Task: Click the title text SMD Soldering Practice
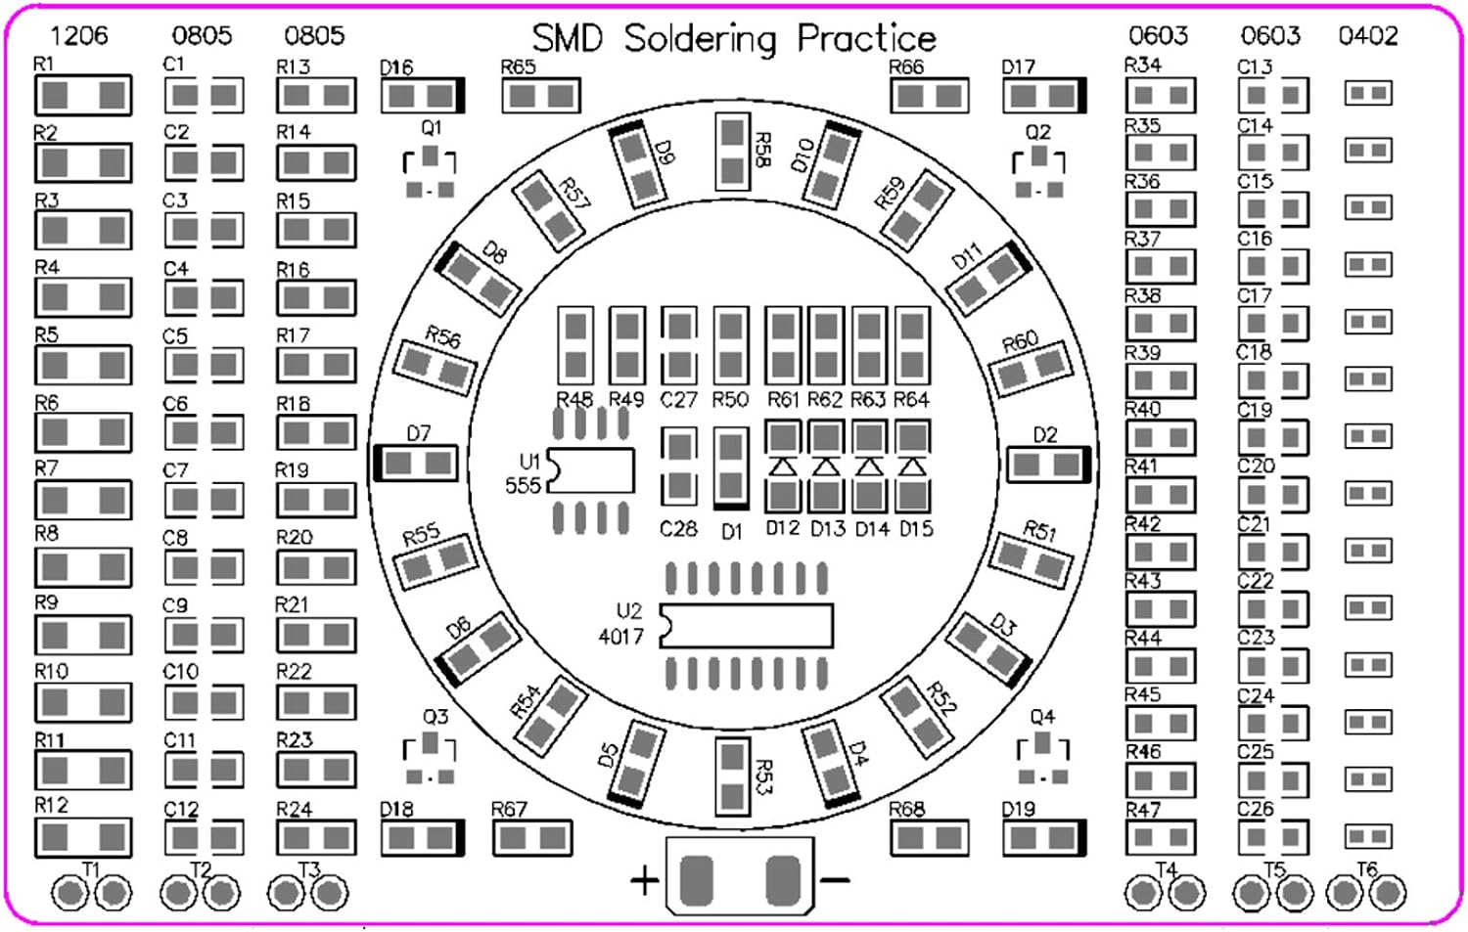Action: point(734,38)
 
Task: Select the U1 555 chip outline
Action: point(591,470)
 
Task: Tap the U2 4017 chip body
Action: point(747,625)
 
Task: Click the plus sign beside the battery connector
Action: point(644,881)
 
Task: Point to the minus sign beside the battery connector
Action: point(835,881)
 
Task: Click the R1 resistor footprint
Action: point(83,95)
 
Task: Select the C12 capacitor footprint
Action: point(204,837)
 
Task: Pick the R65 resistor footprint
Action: point(541,96)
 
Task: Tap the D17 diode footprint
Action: point(1044,96)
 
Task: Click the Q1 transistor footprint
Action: point(430,172)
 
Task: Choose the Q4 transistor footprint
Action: point(1042,759)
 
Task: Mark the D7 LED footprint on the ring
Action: point(416,463)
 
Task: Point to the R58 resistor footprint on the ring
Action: point(732,152)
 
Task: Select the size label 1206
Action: point(78,36)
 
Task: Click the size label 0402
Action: point(1368,36)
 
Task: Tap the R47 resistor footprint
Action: point(1161,837)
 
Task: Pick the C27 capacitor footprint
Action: point(678,345)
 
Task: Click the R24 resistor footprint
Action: point(316,837)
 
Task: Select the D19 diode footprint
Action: point(1044,838)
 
